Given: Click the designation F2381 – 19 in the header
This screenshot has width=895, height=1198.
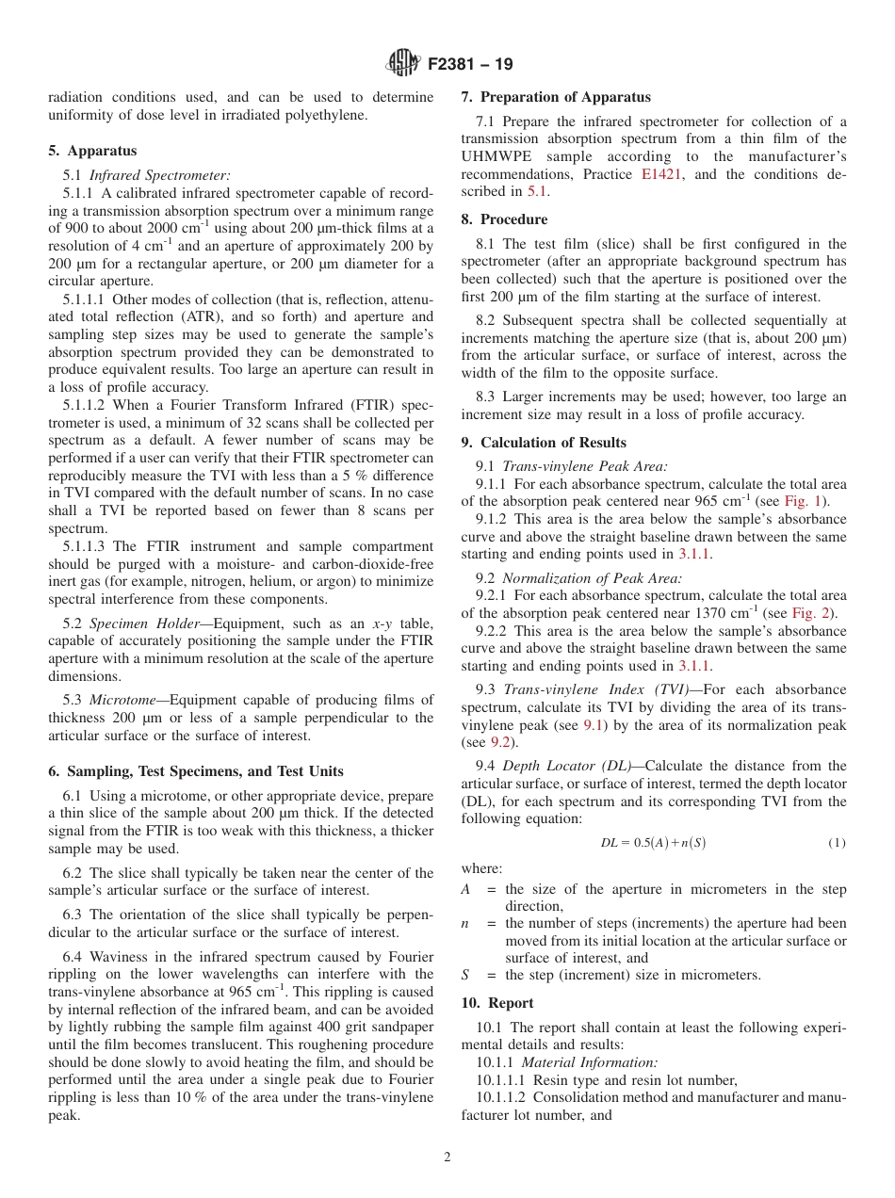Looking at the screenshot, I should click(x=470, y=65).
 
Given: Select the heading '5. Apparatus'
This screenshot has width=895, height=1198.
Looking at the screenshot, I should click(x=92, y=151).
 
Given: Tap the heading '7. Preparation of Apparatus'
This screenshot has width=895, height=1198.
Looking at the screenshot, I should click(x=556, y=97).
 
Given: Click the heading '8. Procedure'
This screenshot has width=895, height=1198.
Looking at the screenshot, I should click(x=504, y=219).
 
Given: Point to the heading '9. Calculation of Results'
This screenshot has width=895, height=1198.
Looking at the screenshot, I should click(x=544, y=443).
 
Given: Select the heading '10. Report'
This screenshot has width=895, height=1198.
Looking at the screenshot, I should click(x=497, y=1003).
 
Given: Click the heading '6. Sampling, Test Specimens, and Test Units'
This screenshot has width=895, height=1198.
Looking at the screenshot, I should click(x=195, y=771).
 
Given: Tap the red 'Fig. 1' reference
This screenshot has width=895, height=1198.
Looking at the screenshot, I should click(x=803, y=501).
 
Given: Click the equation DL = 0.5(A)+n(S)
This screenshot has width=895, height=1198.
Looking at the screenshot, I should click(x=653, y=843).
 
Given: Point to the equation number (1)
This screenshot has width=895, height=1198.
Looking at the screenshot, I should click(x=837, y=843).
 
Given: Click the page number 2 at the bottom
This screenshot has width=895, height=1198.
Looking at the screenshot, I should click(x=447, y=1158).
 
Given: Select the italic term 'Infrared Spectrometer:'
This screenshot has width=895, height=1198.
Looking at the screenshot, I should click(x=159, y=175).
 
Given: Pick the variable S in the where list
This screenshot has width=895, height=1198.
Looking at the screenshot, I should click(x=465, y=975).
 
